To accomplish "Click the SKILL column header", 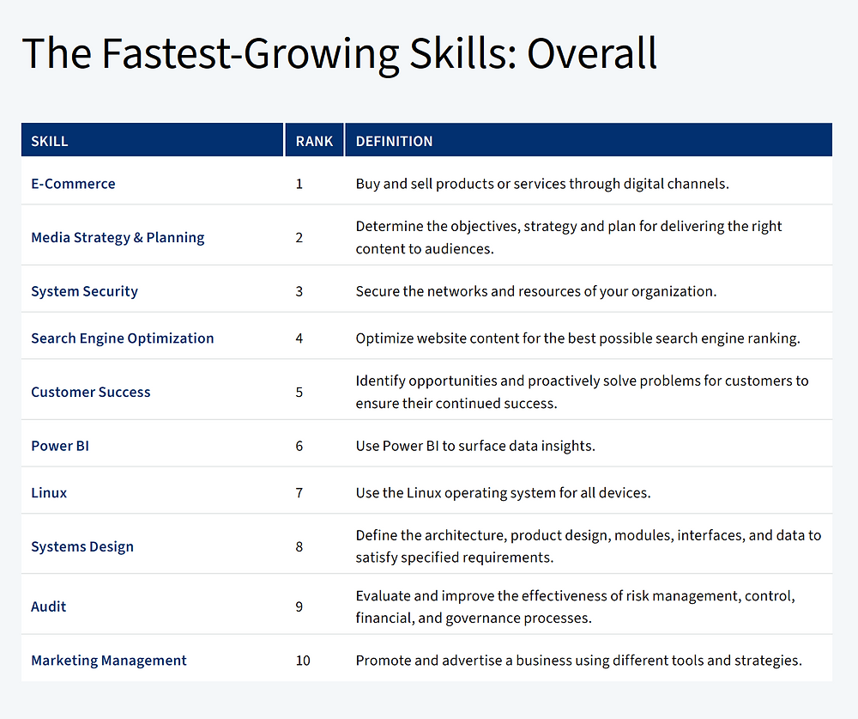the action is (49, 142).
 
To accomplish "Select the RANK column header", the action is (314, 142).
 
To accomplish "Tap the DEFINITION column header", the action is (394, 142).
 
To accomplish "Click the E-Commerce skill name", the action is (73, 184).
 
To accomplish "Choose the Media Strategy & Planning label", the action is (118, 238).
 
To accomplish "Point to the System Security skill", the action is (84, 291).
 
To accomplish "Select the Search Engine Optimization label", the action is (123, 338).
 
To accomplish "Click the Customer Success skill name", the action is (91, 393).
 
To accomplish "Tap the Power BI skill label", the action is (60, 446).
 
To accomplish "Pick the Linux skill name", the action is (49, 493).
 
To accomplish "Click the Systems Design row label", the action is (82, 547).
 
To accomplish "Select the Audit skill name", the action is (49, 606).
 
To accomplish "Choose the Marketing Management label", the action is (109, 661).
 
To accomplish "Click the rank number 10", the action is (303, 661).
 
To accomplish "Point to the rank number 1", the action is (299, 184).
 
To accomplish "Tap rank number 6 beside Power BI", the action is (299, 446).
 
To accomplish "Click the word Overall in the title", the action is (591, 53).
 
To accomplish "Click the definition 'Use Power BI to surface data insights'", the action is (475, 446).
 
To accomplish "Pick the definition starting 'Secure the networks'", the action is (536, 291).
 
